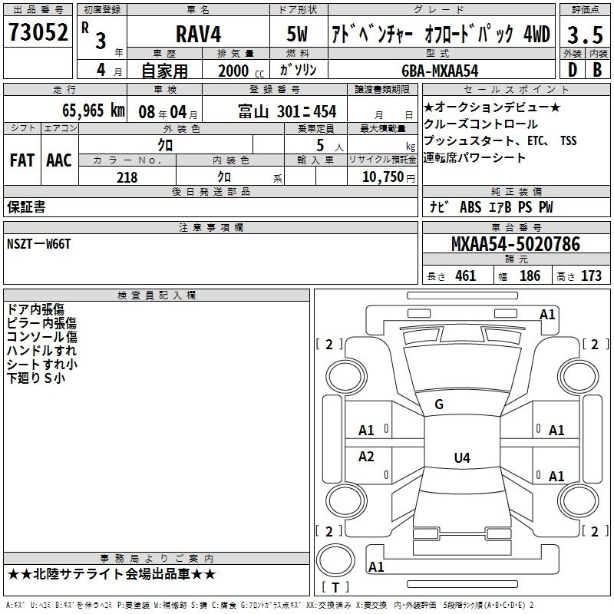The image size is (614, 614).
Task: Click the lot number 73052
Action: (x=38, y=31)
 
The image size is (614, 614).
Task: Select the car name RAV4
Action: (x=198, y=34)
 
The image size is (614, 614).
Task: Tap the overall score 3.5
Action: (x=585, y=35)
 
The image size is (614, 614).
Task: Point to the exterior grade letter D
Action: (x=573, y=70)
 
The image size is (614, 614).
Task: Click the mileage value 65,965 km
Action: (x=94, y=111)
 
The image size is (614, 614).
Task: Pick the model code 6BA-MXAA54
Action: (x=440, y=71)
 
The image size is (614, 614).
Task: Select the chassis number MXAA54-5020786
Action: (x=516, y=244)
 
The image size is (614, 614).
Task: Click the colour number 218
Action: (x=127, y=177)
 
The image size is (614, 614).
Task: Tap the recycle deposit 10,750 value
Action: (x=388, y=177)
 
